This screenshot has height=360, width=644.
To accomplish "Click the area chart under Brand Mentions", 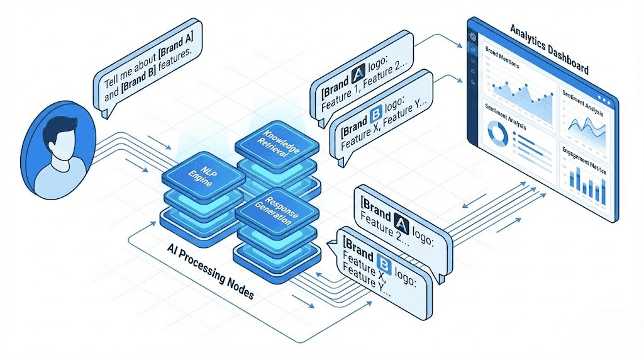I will [x=519, y=92].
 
